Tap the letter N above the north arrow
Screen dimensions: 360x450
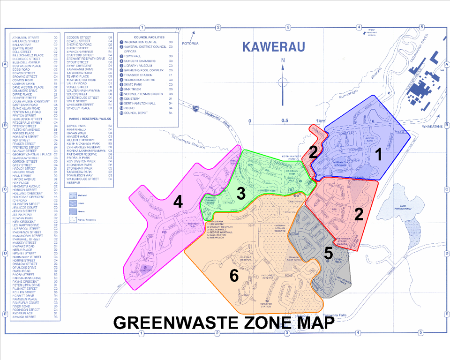coord(283,60)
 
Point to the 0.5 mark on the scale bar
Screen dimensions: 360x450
coord(285,120)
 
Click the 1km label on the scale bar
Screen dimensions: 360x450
coord(321,120)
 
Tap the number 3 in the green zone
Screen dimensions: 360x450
coord(241,193)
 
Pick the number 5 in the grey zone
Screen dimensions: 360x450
coord(329,253)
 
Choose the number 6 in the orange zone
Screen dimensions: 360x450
coord(234,277)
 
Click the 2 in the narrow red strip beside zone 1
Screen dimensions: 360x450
coord(313,151)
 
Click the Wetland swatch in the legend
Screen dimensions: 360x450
coord(73,195)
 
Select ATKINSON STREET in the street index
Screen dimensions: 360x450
coord(26,36)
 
